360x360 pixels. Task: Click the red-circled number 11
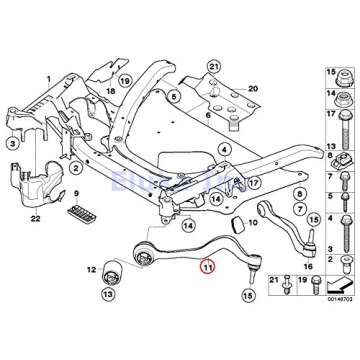coord(207,267)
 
